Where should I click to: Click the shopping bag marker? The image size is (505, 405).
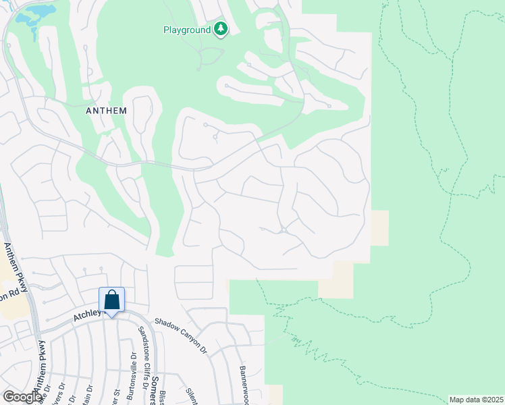click(x=112, y=300)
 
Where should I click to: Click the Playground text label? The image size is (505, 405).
click(x=187, y=30)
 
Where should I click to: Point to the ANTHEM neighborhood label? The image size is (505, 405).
click(x=107, y=111)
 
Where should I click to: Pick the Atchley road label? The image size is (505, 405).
click(x=86, y=314)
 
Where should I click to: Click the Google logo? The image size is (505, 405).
click(x=22, y=397)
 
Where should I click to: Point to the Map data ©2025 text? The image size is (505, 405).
click(x=476, y=400)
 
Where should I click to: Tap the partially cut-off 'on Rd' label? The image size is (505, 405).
click(x=8, y=296)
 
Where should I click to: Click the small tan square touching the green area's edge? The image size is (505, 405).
click(x=379, y=228)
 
